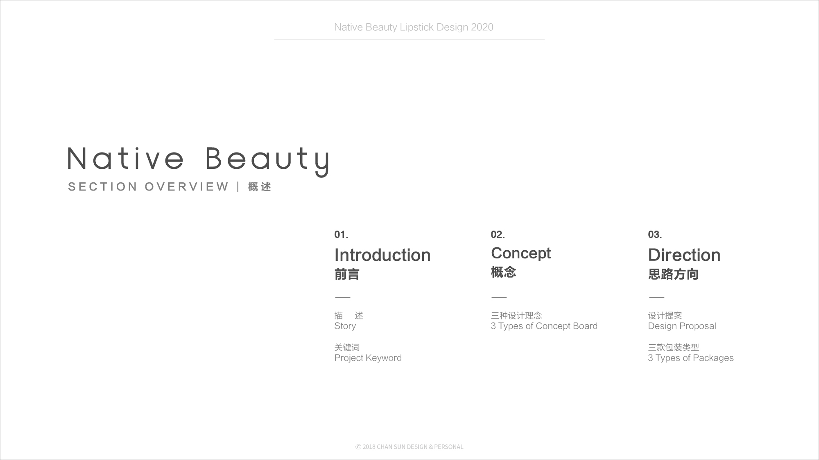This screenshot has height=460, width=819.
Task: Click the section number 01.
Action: click(341, 235)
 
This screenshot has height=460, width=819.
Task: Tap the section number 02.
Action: click(498, 235)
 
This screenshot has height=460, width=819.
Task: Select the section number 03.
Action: click(655, 235)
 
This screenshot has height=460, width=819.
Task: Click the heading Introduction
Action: click(382, 255)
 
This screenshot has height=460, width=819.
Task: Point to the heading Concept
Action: click(521, 254)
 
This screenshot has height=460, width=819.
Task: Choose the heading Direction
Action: click(684, 255)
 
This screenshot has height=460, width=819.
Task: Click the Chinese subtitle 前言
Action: click(347, 274)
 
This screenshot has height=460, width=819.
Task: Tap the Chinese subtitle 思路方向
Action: click(673, 274)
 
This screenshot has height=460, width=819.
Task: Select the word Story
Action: click(345, 326)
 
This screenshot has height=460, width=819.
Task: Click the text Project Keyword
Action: click(368, 358)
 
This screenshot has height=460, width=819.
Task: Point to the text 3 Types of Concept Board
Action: click(544, 326)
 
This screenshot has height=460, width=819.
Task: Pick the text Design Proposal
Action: click(682, 326)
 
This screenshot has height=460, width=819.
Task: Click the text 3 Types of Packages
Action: click(691, 358)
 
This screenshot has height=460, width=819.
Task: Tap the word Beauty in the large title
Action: click(267, 161)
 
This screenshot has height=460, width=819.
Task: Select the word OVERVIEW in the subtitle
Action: click(186, 187)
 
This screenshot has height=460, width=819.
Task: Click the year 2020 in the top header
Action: click(482, 27)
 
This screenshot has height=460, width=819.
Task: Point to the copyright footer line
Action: click(409, 447)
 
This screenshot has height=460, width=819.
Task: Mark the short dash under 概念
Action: click(499, 297)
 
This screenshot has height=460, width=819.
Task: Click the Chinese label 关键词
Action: click(347, 348)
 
